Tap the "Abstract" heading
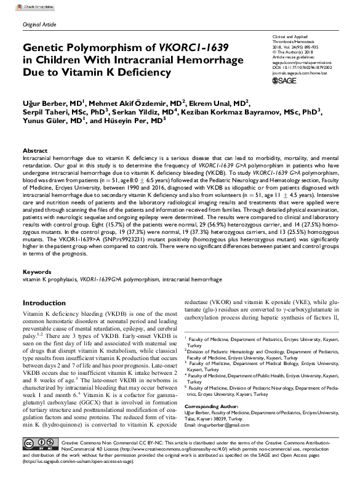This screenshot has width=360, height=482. [34, 150]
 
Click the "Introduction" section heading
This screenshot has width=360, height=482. [49, 303]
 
